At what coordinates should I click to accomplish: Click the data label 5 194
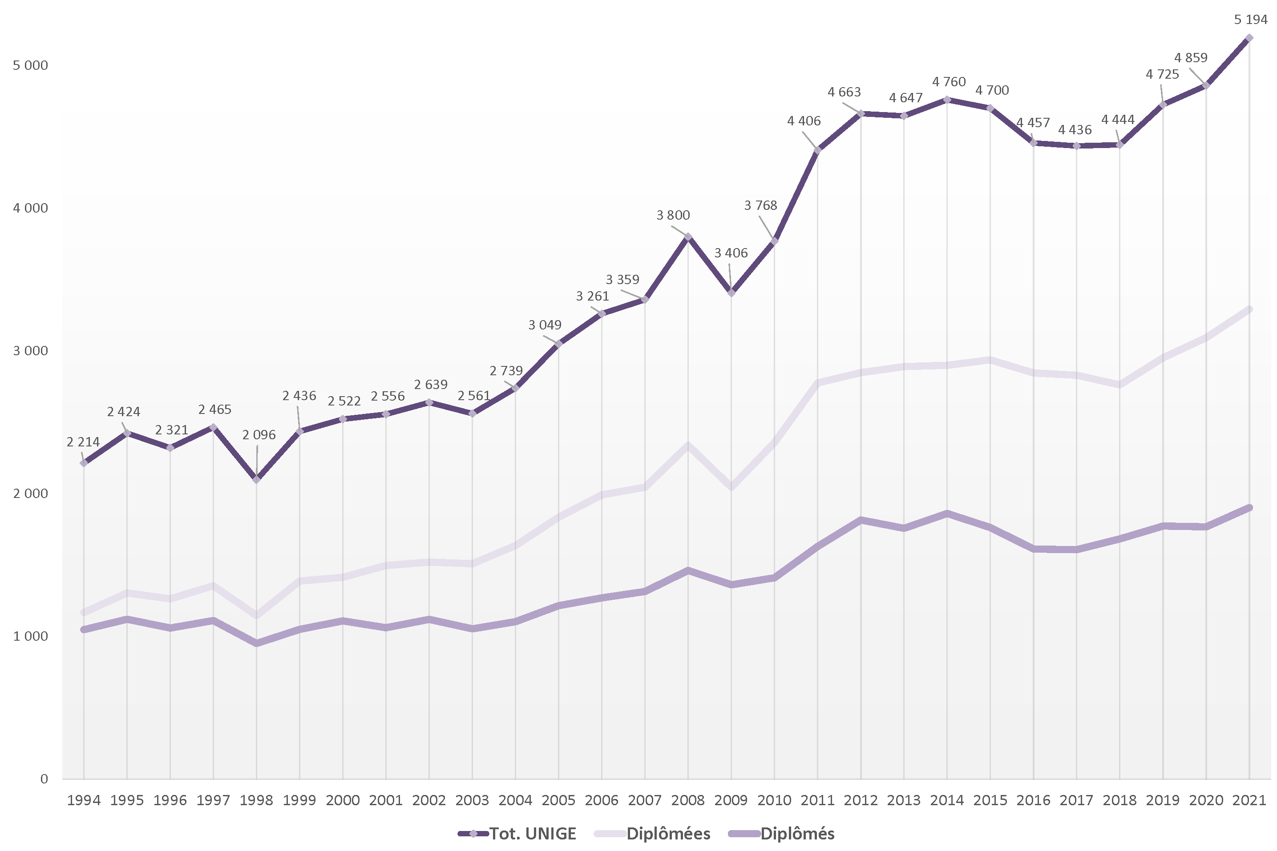point(1250,20)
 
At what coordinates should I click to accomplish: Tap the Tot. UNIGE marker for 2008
point(688,237)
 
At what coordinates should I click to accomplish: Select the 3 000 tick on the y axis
point(30,351)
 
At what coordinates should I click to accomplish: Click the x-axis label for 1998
point(256,800)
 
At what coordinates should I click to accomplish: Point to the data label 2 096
point(259,435)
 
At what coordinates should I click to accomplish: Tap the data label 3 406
point(731,253)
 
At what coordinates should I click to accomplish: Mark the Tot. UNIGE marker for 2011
point(817,150)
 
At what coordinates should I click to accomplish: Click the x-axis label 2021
point(1249,800)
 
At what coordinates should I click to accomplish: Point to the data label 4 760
point(949,82)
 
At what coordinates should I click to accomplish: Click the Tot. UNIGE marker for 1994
point(84,463)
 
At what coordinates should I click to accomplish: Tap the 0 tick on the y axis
point(44,779)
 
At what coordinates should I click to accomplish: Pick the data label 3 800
point(673,216)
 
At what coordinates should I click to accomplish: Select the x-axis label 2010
point(774,800)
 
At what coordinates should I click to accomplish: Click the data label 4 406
point(804,121)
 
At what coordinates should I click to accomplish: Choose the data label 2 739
point(506,371)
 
